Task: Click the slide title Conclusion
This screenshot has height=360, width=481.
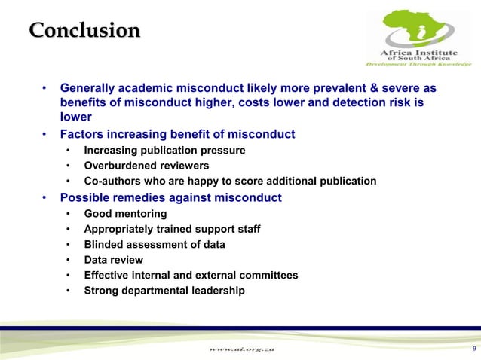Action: tap(84, 31)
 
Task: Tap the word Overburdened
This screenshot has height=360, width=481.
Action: tap(119, 166)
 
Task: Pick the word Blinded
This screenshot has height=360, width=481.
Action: tap(104, 245)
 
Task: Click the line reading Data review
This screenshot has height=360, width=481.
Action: tap(114, 260)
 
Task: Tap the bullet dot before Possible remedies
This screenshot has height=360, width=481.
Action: tap(46, 198)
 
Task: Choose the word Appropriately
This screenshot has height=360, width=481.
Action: tap(120, 229)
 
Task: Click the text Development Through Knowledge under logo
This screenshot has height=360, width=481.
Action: tap(418, 65)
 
